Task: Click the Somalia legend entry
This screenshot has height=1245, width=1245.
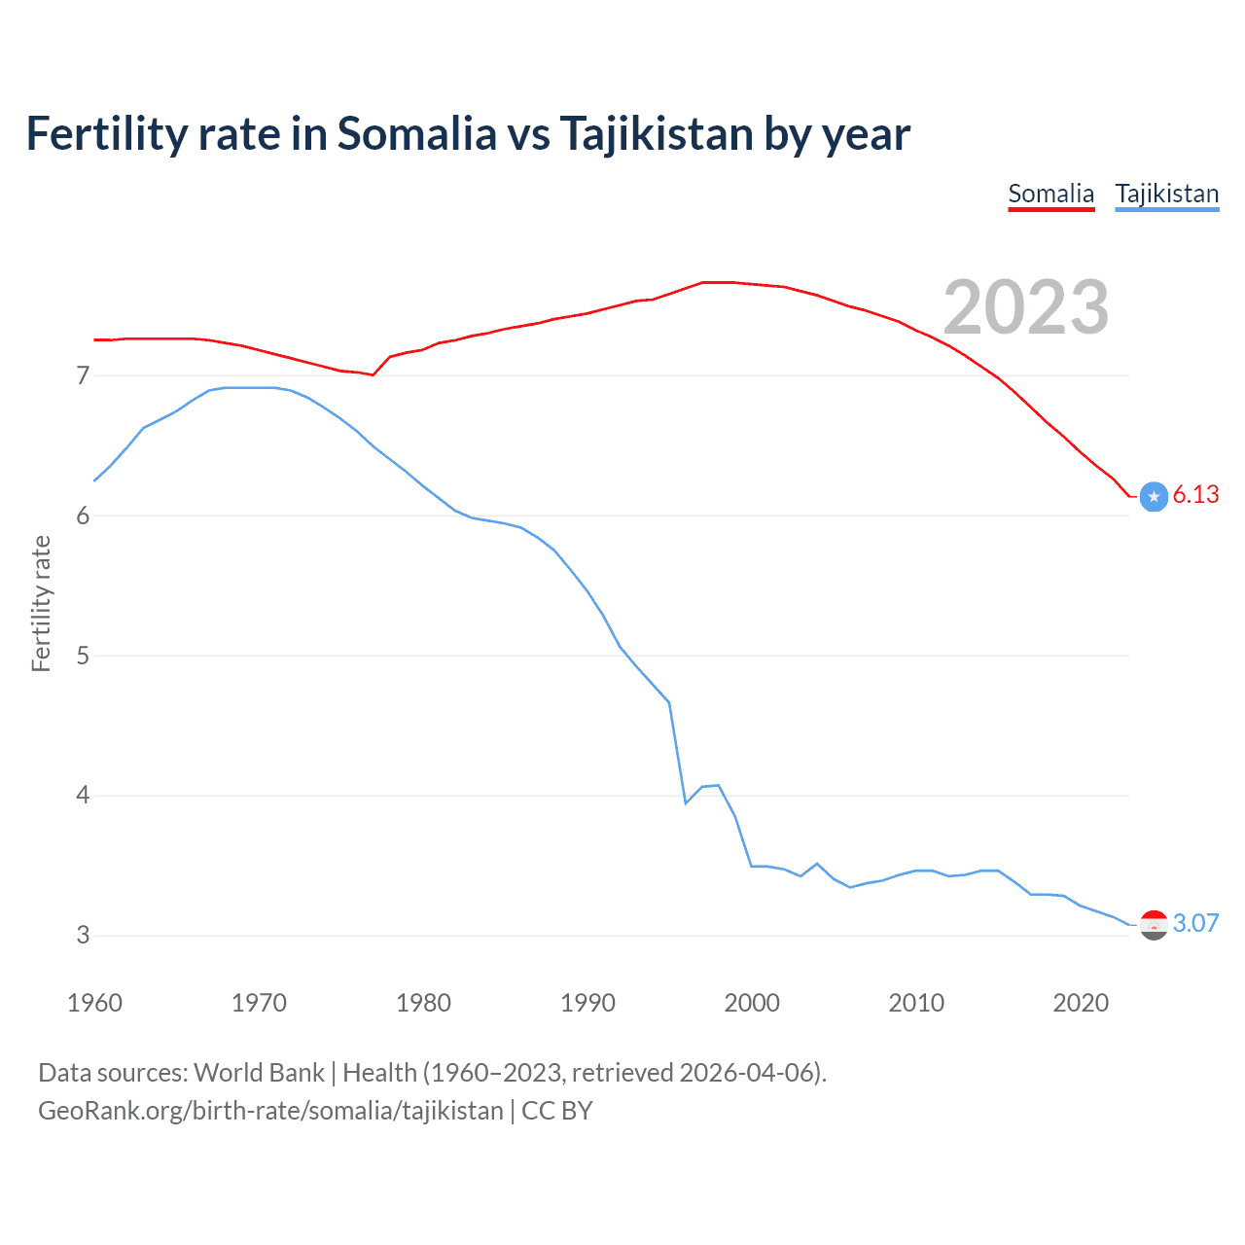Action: pyautogui.click(x=1050, y=194)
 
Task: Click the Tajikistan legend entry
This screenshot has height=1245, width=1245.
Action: pyautogui.click(x=1166, y=194)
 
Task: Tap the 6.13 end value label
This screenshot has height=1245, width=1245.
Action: pyautogui.click(x=1195, y=495)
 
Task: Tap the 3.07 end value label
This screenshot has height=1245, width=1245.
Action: pyautogui.click(x=1195, y=923)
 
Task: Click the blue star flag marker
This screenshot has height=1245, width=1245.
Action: pyautogui.click(x=1154, y=496)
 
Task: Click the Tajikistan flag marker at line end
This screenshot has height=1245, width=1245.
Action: pyautogui.click(x=1154, y=925)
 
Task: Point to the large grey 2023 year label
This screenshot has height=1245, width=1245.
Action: pyautogui.click(x=1025, y=307)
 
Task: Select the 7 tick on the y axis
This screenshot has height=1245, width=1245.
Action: pyautogui.click(x=83, y=375)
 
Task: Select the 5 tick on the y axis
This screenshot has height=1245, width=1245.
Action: pyautogui.click(x=83, y=656)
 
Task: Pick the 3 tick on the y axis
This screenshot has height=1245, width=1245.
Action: pyautogui.click(x=83, y=936)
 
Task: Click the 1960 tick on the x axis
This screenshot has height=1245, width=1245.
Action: pyautogui.click(x=94, y=1003)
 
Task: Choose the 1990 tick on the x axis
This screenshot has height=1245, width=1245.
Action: pyautogui.click(x=587, y=1003)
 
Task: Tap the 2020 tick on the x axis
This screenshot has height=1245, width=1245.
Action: pyautogui.click(x=1081, y=1003)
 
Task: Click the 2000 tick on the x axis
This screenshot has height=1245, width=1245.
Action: pyautogui.click(x=752, y=1003)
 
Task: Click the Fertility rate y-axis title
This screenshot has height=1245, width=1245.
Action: pyautogui.click(x=41, y=603)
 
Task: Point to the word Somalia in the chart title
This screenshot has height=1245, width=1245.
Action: pyautogui.click(x=416, y=134)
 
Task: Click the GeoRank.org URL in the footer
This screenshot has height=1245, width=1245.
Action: pyautogui.click(x=270, y=1111)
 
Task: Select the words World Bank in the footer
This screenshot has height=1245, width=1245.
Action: pyautogui.click(x=259, y=1073)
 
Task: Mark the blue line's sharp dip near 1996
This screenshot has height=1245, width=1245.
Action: pyautogui.click(x=686, y=802)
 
